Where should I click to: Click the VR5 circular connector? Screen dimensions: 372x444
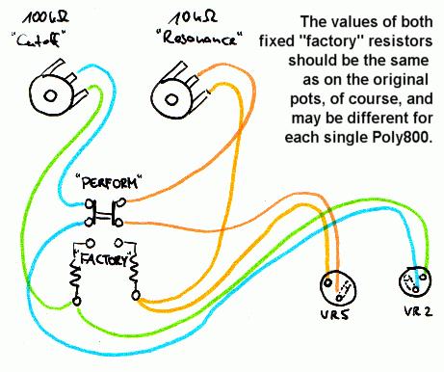click(337, 288)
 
